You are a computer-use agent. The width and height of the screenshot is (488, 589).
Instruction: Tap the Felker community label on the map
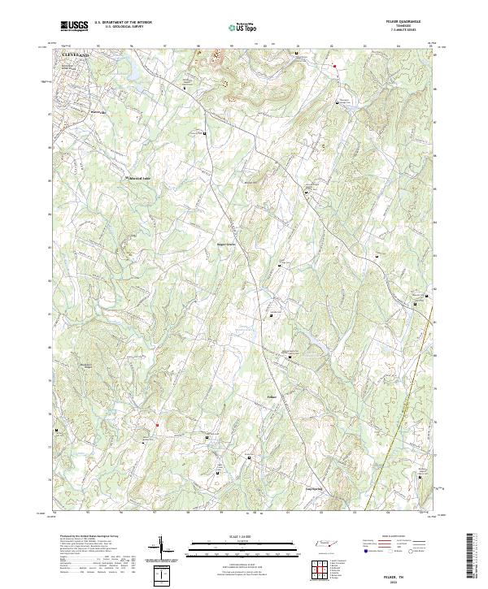tap(272, 396)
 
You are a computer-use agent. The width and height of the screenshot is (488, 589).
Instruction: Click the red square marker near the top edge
tap(333, 65)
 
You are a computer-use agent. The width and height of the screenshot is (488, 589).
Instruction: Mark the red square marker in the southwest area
tap(157, 423)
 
